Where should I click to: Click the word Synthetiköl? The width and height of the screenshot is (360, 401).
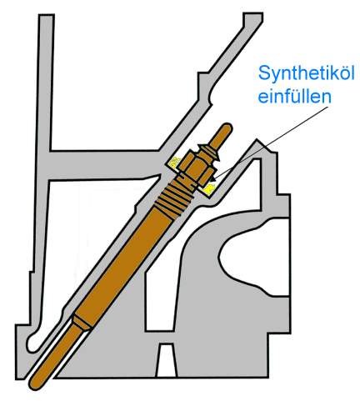(307, 73)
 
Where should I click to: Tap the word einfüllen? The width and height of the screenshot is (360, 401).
(295, 97)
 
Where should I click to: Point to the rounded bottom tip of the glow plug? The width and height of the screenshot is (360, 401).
(35, 385)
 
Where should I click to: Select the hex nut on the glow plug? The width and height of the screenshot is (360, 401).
(197, 168)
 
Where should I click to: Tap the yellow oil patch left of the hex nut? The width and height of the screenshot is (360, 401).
(173, 163)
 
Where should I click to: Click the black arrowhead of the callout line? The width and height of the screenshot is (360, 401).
(213, 178)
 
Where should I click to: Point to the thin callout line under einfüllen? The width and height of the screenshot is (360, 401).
(270, 142)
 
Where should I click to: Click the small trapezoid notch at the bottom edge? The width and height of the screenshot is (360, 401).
(166, 360)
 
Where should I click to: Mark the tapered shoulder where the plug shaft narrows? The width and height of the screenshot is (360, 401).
(82, 323)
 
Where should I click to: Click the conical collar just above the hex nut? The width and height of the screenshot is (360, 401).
(209, 153)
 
